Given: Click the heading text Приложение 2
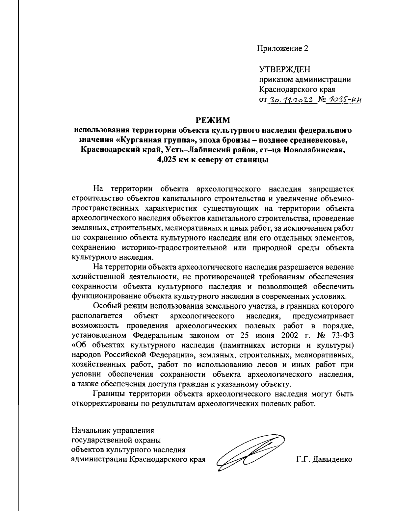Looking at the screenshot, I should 283,49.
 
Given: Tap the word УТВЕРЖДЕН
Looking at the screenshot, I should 285,70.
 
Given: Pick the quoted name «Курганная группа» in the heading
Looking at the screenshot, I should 157,140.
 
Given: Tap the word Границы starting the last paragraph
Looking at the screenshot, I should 110,394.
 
